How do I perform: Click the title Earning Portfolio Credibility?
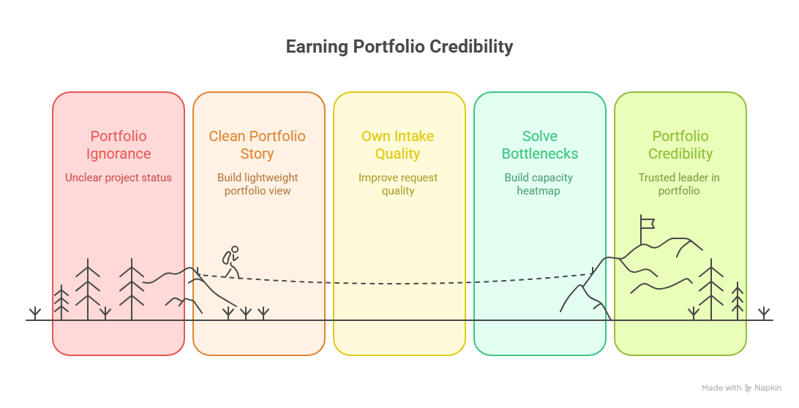point(399,47)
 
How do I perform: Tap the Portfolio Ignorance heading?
point(119,145)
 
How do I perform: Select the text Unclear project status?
point(119,178)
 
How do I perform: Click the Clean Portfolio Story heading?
point(257,145)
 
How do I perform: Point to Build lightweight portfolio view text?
point(258,184)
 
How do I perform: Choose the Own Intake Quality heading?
point(397,145)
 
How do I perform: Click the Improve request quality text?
point(397,184)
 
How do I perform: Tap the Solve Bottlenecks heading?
point(540,145)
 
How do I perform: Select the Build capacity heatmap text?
point(539,184)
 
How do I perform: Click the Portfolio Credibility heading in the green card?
point(680,145)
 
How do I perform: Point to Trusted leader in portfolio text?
point(679,184)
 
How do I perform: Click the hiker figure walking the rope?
point(231,261)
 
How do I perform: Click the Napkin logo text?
point(768,388)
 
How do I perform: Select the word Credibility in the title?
point(471,47)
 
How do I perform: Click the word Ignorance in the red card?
point(119,154)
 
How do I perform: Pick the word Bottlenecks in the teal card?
point(540,154)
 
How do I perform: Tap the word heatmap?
point(539,191)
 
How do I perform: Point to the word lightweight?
point(271,178)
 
